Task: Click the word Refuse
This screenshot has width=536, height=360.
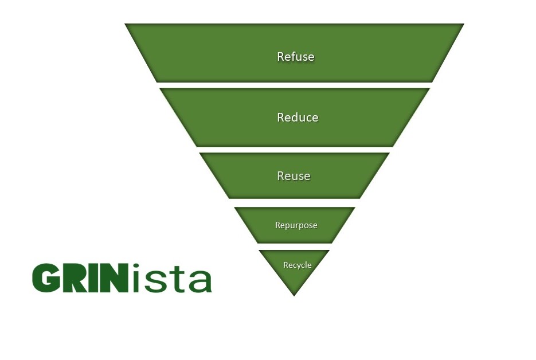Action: click(x=295, y=57)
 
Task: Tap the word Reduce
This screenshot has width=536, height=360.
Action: click(x=298, y=118)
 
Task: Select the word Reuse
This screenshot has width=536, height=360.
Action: click(x=294, y=176)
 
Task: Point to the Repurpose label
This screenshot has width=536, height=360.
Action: click(x=296, y=225)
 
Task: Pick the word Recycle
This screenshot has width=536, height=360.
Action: click(x=297, y=265)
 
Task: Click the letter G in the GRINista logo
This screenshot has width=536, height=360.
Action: click(x=47, y=278)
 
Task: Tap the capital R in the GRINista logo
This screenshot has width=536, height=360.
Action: click(x=76, y=278)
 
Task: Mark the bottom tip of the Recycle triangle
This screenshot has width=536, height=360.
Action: click(x=294, y=295)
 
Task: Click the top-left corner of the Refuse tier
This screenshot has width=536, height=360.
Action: click(x=126, y=25)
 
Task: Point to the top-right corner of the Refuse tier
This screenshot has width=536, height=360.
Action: click(x=463, y=25)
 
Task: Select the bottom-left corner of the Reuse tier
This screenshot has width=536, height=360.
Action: click(x=230, y=198)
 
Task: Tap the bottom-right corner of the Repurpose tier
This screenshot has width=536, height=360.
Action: click(x=331, y=242)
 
